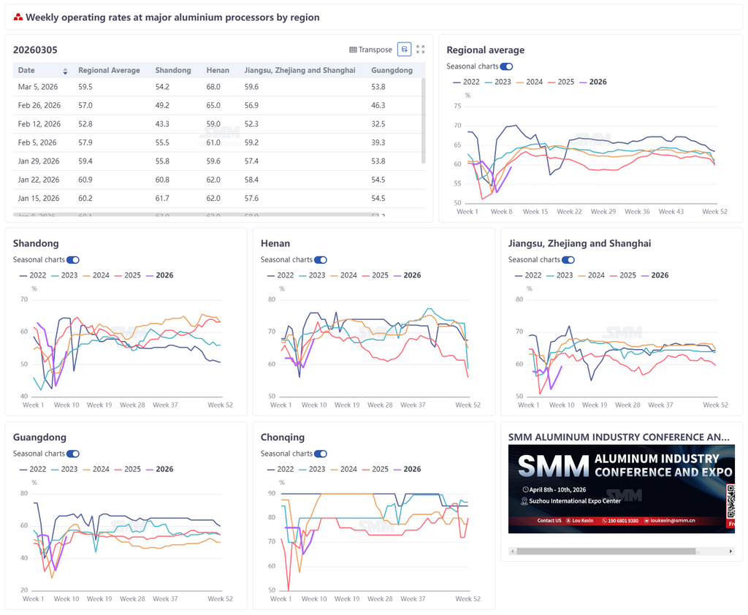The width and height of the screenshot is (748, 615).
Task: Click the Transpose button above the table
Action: (371, 50)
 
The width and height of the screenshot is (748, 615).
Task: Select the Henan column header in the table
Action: (218, 70)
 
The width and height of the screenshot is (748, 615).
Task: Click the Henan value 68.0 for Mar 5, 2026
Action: (213, 87)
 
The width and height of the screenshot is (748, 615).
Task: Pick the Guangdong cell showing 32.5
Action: (378, 124)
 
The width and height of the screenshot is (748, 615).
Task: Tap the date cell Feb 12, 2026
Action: (39, 124)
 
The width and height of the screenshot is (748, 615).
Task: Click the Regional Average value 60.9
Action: (85, 180)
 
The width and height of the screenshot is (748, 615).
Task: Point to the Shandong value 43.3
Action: (162, 124)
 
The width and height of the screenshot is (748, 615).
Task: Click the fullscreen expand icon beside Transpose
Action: (420, 50)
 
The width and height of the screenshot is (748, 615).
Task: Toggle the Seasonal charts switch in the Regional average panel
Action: (506, 66)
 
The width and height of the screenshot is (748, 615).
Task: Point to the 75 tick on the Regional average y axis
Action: (457, 106)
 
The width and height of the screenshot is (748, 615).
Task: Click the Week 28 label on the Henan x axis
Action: (379, 405)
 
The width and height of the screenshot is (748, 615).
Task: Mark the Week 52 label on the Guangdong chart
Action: (220, 599)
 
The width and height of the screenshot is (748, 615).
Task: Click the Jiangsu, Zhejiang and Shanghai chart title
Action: (579, 243)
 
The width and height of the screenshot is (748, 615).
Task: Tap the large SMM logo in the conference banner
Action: (553, 465)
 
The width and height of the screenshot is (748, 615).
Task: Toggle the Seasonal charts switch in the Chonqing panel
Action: (320, 454)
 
